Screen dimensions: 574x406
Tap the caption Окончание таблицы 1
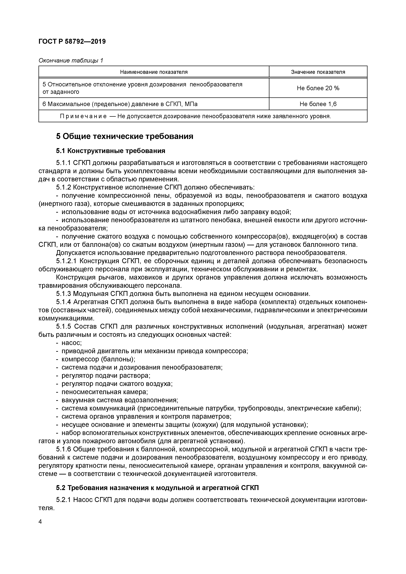[x=71, y=61]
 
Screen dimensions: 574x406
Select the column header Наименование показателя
[x=154, y=72]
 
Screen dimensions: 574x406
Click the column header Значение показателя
[x=318, y=72]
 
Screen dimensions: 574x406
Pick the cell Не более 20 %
[x=318, y=88]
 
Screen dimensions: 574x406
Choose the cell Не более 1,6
[x=318, y=104]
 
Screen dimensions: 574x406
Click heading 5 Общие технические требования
[x=125, y=137]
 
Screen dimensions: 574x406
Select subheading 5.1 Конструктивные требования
[x=111, y=151]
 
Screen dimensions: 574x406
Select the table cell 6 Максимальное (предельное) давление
[x=120, y=104]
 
